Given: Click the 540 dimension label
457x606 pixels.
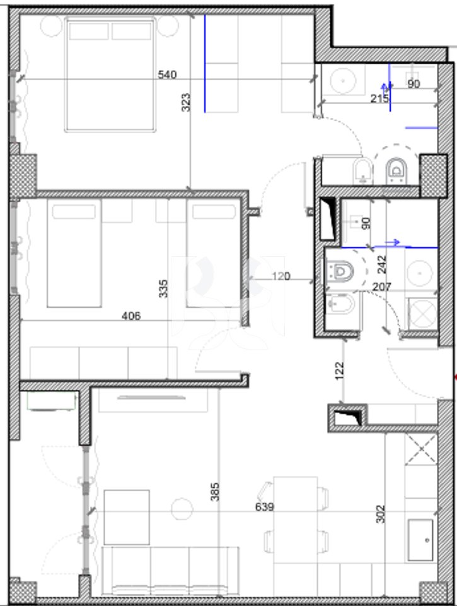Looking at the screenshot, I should tap(166, 75).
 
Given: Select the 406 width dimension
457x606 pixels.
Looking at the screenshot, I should tap(132, 316).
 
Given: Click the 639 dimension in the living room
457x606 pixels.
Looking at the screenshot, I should tap(265, 507).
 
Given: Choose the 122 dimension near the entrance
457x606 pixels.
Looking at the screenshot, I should tap(339, 369).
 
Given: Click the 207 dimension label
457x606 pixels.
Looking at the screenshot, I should tap(382, 287).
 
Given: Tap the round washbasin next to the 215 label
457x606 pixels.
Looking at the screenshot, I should tap(344, 80).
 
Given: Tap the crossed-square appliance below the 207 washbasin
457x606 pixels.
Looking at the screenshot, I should tap(420, 313).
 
